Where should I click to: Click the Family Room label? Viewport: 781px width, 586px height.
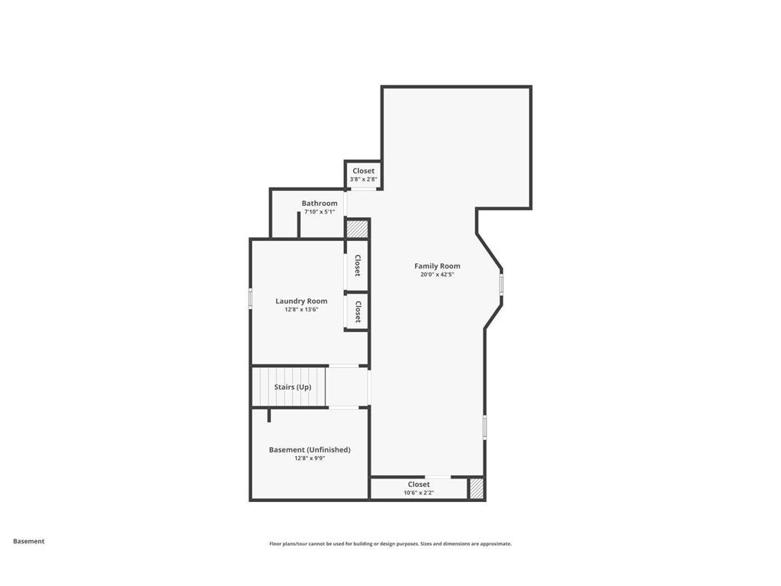pos(437,266)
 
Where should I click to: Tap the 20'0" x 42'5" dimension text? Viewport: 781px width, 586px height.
pos(437,275)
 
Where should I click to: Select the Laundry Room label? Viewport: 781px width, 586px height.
pos(301,301)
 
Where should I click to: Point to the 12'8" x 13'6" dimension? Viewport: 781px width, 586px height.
pos(301,310)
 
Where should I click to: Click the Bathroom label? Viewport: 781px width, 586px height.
pos(319,204)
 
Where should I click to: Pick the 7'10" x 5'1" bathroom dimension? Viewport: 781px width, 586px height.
pos(319,212)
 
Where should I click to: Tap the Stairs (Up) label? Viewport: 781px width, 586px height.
pos(293,388)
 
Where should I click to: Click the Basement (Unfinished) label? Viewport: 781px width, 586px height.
pos(310,450)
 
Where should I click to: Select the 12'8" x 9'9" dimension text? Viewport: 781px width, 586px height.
pos(310,459)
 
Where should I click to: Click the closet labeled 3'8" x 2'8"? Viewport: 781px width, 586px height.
pos(363,175)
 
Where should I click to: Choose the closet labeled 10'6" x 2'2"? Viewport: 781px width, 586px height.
pos(419,488)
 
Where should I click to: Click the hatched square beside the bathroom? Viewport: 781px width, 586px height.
pos(357,228)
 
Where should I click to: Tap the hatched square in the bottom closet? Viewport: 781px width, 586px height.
pos(476,489)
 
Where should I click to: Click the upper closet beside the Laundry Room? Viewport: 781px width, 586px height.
pos(357,266)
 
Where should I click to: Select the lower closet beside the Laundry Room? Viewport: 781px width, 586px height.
pos(357,311)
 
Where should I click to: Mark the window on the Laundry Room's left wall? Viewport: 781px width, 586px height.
pos(251,298)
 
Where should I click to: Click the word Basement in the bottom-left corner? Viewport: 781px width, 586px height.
pos(29,542)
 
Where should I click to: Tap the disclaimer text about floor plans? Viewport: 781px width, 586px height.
pos(390,544)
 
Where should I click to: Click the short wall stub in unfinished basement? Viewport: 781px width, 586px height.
pos(268,415)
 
